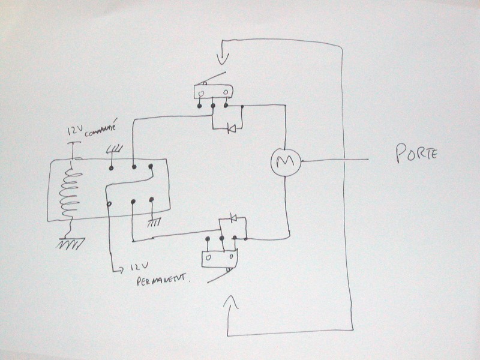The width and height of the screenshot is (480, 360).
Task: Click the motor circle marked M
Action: (x=284, y=161)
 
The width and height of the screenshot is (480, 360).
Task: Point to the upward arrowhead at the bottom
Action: (x=232, y=301)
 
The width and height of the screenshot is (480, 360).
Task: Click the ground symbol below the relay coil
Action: (x=71, y=244)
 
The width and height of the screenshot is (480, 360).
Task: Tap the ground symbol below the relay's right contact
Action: (x=154, y=223)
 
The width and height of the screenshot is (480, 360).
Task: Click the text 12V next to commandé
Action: (x=75, y=130)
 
